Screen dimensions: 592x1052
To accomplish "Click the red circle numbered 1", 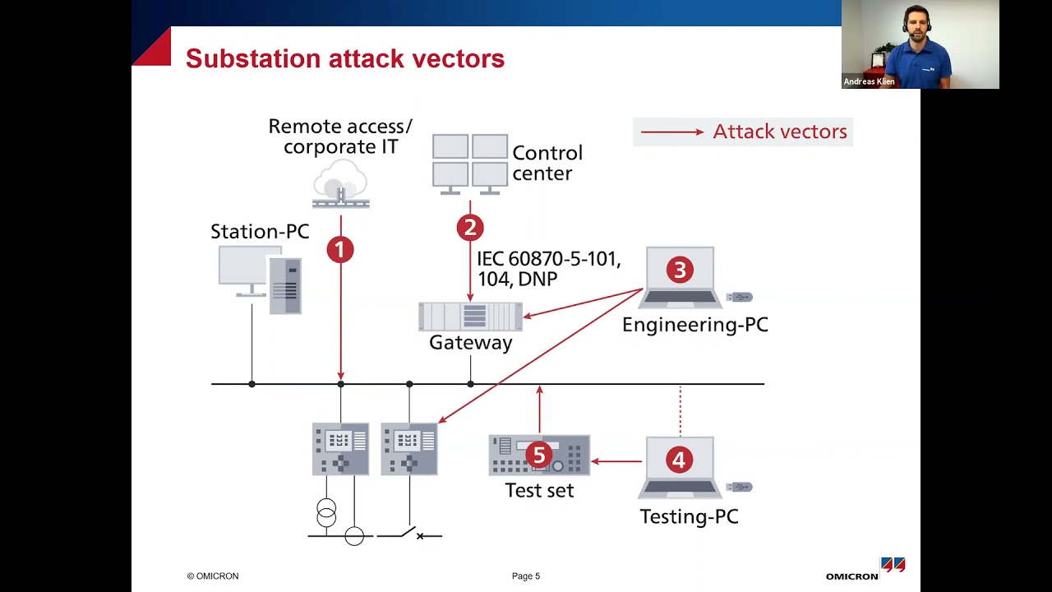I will point(340,250).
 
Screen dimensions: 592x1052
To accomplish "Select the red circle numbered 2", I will point(470,228).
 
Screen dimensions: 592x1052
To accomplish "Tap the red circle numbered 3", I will point(680,270).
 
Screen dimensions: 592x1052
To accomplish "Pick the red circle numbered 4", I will point(679,460).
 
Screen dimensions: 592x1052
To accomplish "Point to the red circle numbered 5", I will point(538,455).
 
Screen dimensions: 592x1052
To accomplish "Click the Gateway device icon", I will point(470,317).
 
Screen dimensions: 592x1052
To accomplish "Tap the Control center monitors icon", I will point(470,164).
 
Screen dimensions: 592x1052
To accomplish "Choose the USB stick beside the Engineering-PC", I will point(739,298).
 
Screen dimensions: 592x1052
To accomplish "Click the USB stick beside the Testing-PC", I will point(739,488).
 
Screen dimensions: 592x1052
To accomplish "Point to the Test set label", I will point(539,491).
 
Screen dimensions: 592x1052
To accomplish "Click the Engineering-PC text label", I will point(694,325).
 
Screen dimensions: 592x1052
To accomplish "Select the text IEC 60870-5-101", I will point(548,259).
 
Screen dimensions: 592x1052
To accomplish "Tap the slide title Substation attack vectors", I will point(345,58).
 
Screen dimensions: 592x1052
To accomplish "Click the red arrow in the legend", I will point(671,132).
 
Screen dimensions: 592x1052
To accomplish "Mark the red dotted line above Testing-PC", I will point(680,409).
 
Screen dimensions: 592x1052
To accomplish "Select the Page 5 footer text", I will point(526,576).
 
